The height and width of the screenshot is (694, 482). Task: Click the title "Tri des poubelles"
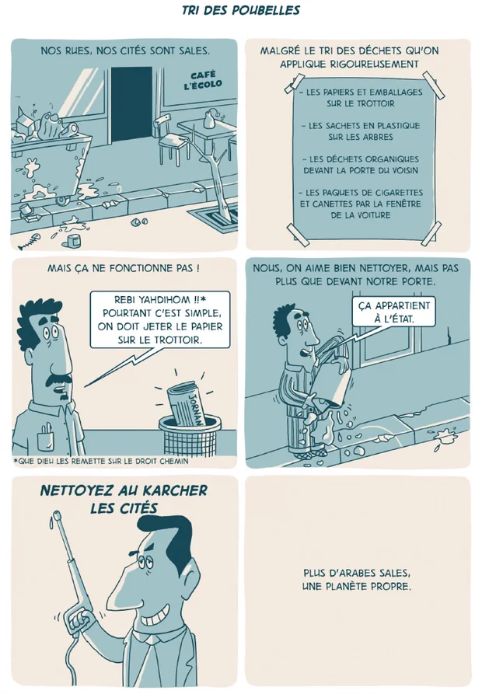point(241,10)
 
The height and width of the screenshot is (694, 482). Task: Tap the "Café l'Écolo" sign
point(203,80)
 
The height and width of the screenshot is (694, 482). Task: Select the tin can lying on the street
point(73,241)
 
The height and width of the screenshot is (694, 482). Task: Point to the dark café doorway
point(131,105)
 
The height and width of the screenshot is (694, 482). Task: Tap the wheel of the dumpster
point(62,200)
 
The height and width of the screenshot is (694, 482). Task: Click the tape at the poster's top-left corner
point(294,85)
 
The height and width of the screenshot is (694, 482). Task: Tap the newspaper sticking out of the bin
point(187,403)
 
